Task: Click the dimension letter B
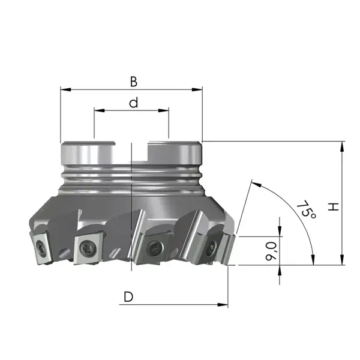[134, 82]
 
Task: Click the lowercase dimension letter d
[133, 103]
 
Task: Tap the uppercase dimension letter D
[128, 296]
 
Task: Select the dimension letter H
[333, 207]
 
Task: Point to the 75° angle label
[306, 209]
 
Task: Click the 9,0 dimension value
[271, 251]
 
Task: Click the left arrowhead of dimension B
[65, 89]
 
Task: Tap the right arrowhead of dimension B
[197, 89]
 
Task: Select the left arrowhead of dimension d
[99, 110]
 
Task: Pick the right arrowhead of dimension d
[163, 110]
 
